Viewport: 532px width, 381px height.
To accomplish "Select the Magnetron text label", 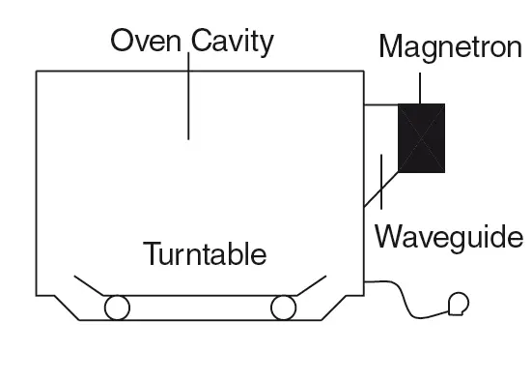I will (x=450, y=45).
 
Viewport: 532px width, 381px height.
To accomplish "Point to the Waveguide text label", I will (x=449, y=236).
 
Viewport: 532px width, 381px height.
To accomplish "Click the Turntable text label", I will (x=205, y=255).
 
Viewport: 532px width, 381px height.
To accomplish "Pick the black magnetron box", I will (x=422, y=137).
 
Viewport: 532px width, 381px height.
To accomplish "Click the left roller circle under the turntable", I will (x=118, y=308).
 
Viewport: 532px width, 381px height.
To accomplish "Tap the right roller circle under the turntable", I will (x=283, y=308).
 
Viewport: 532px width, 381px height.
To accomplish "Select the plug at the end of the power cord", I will (x=458, y=305).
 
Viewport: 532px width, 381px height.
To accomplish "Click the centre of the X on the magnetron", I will (x=422, y=137).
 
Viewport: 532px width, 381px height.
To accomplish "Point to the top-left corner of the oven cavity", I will (x=37, y=72).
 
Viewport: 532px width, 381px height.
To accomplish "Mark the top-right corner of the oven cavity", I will (x=363, y=72).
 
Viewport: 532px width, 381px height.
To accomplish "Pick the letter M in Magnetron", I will (x=390, y=45).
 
